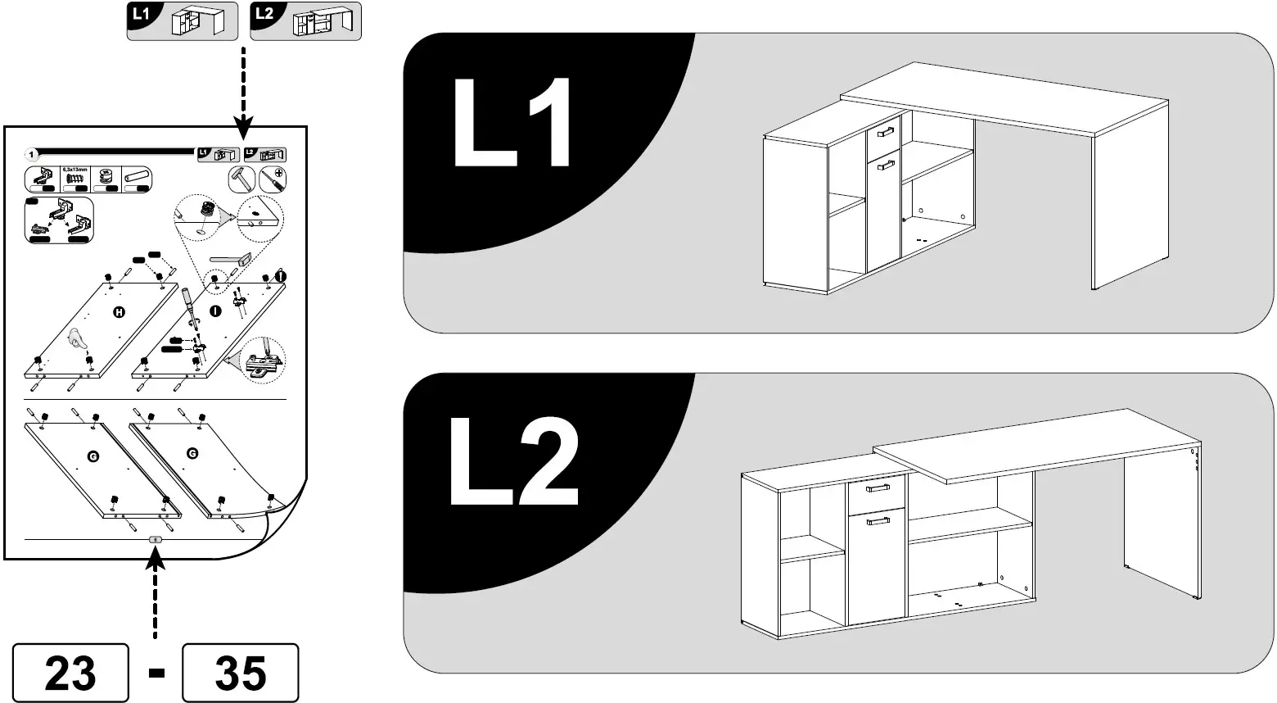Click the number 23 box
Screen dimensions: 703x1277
(x=70, y=673)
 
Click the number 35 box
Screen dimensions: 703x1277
(x=240, y=673)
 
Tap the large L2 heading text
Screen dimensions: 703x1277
(x=513, y=462)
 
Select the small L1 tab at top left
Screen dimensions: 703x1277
(x=182, y=21)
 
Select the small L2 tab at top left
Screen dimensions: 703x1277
(x=305, y=21)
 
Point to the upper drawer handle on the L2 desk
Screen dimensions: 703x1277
(x=878, y=489)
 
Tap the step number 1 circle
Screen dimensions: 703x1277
(x=31, y=153)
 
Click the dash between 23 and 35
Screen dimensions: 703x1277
(x=156, y=673)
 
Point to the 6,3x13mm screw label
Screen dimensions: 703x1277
(x=75, y=169)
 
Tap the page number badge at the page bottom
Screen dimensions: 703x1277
(x=156, y=540)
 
